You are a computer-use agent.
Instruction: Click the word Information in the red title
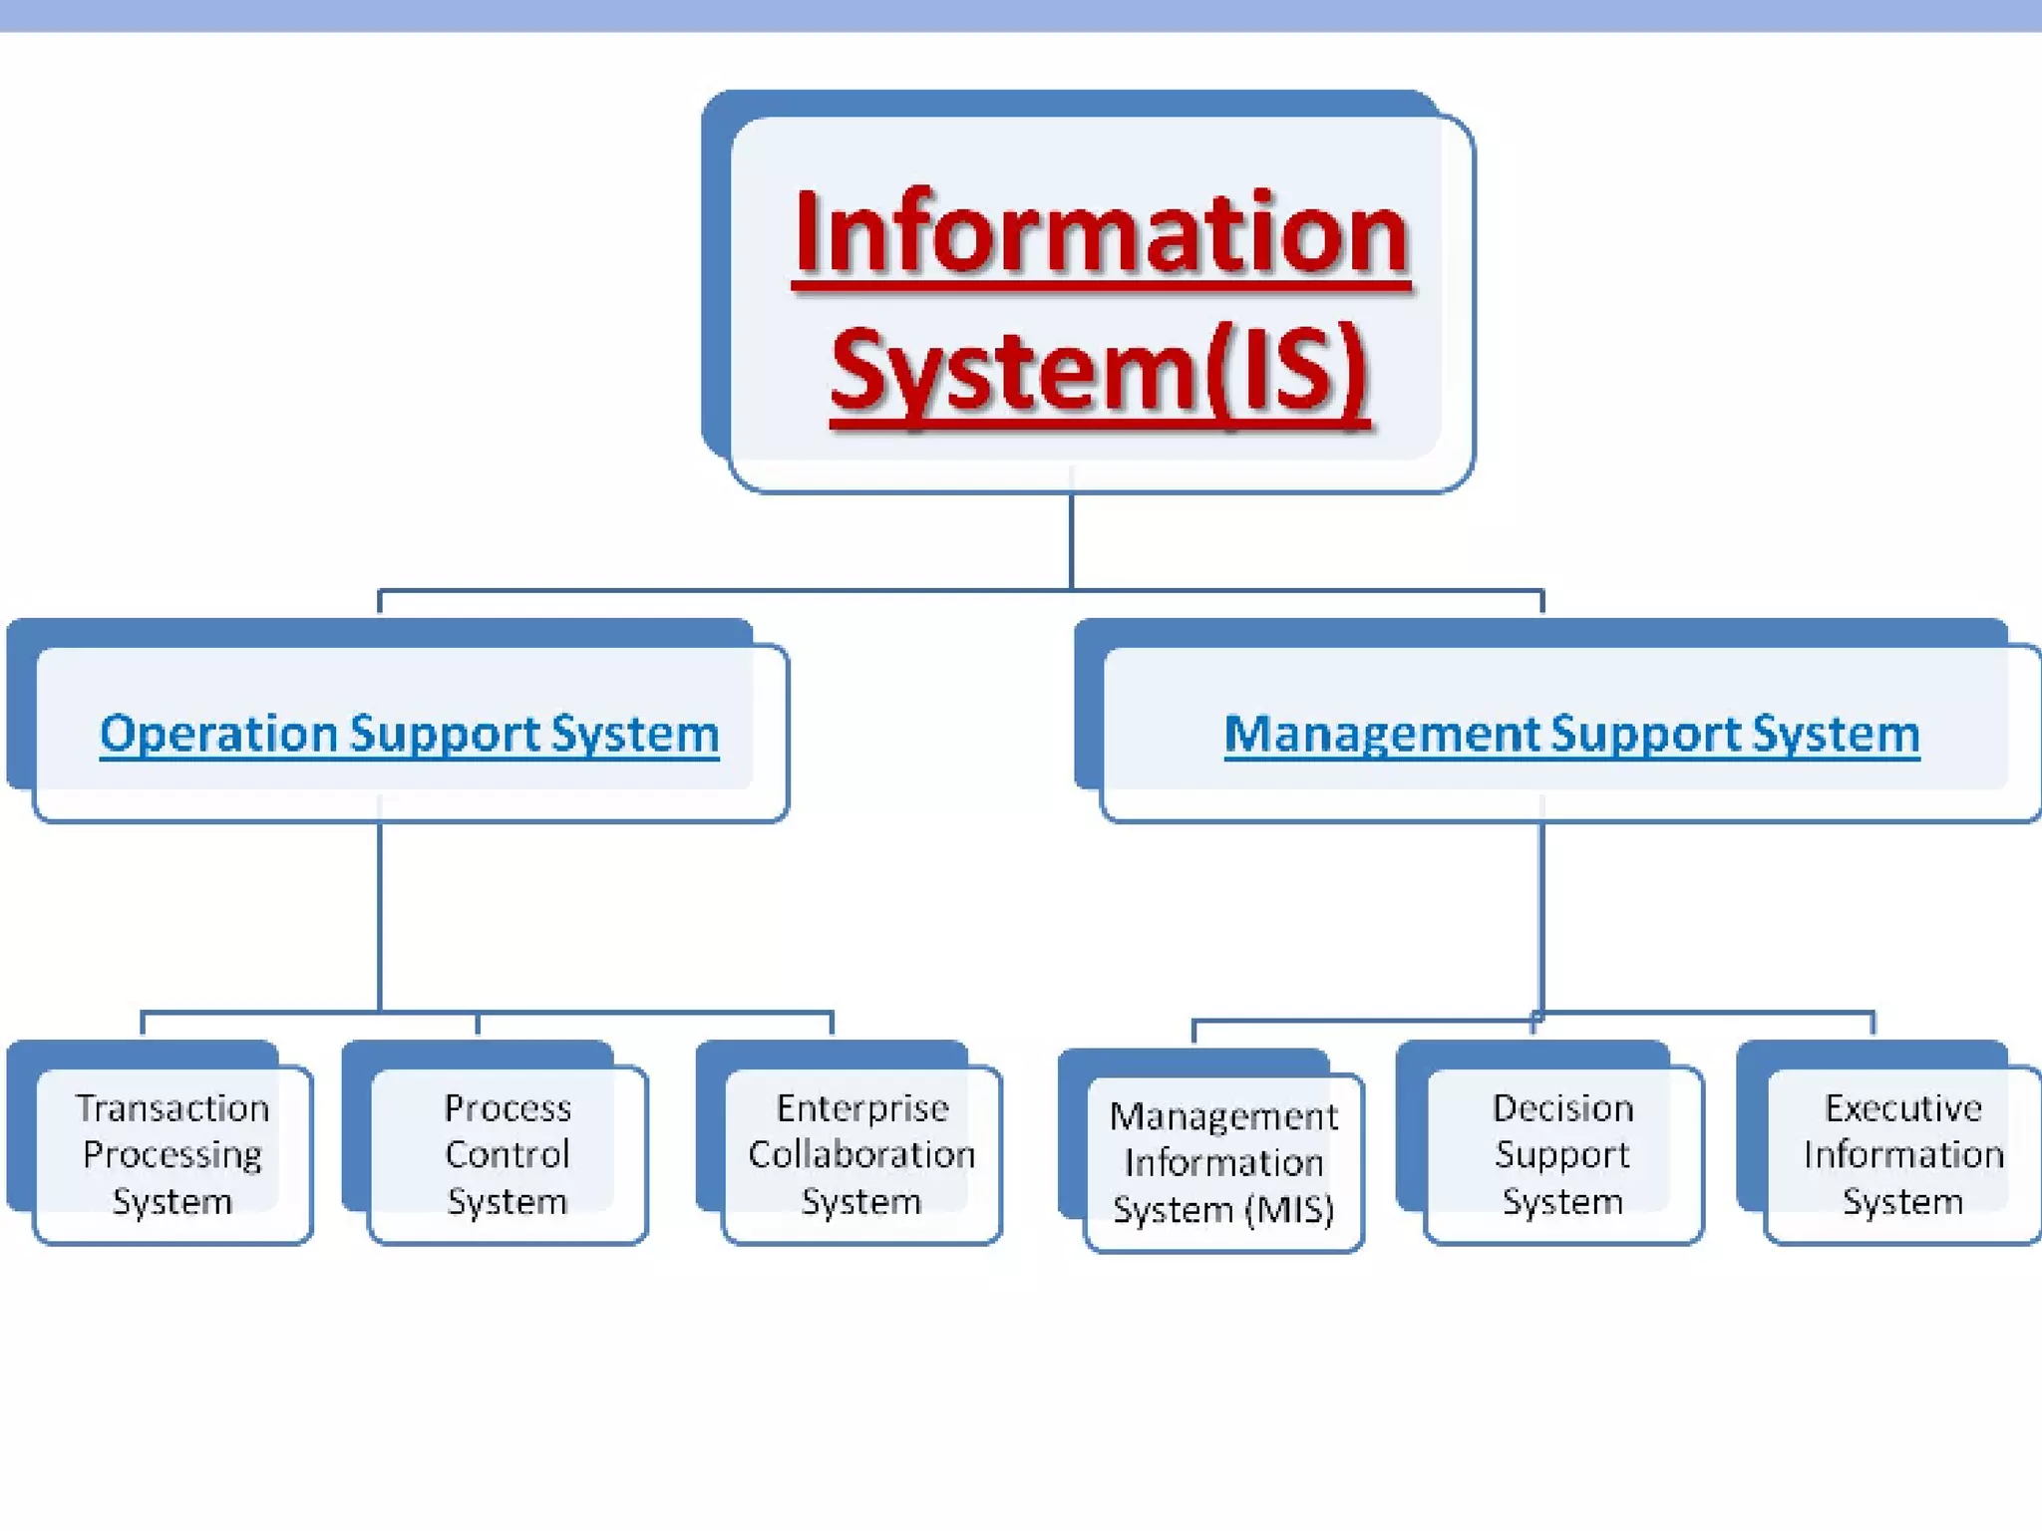point(1101,234)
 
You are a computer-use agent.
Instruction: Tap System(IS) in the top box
point(1099,371)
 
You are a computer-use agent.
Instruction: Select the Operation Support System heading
point(409,734)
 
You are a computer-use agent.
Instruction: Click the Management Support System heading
point(1571,734)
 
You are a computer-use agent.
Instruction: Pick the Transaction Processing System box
point(172,1154)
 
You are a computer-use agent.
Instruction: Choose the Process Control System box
point(508,1154)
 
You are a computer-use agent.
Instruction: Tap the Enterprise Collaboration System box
point(861,1154)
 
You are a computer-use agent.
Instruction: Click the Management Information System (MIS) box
point(1223,1162)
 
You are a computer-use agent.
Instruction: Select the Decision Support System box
point(1562,1154)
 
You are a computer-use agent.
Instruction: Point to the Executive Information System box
point(1902,1154)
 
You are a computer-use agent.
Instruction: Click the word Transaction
point(172,1108)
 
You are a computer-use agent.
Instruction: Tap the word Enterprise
point(862,1108)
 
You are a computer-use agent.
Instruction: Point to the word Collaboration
point(861,1154)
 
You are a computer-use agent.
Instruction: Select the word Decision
point(1562,1108)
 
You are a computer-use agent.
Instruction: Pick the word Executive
point(1902,1108)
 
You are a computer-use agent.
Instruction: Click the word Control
point(508,1154)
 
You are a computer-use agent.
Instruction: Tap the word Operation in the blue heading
point(218,734)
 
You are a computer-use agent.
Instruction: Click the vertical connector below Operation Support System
point(380,917)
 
